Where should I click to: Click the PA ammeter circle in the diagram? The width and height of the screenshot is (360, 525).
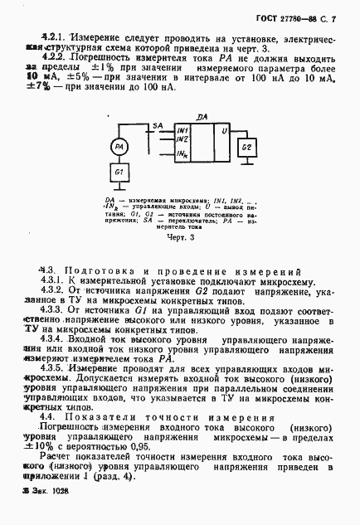[119, 147]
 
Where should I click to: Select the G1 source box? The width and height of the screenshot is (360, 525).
[119, 173]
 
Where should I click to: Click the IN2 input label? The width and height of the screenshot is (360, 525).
[182, 139]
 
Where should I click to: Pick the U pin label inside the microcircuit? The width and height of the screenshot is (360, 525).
[223, 131]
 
